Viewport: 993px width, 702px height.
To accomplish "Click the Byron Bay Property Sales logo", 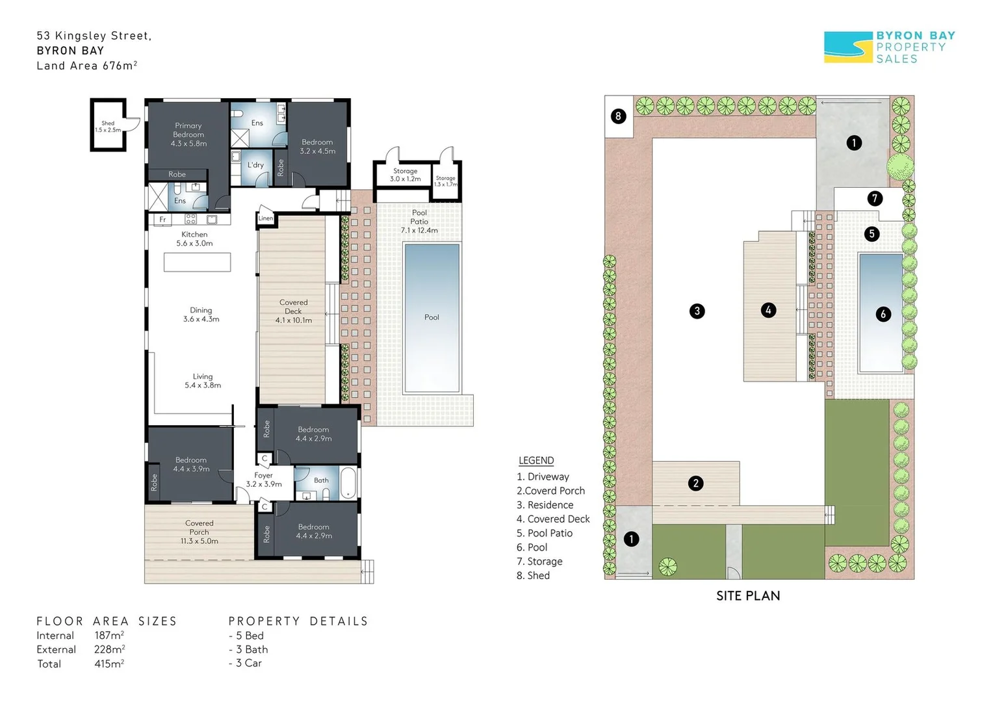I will coord(889,47).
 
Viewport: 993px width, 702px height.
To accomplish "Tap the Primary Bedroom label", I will coord(188,135).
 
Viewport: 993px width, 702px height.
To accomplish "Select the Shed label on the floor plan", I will coord(108,126).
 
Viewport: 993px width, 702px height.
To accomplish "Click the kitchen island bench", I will coord(197,262).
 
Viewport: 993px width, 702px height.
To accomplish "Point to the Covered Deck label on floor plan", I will coord(293,311).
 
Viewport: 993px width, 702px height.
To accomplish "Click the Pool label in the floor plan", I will coord(432,317).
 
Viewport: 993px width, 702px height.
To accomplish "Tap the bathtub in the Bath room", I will coord(350,482).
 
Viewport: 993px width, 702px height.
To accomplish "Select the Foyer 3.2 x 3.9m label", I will coord(263,480).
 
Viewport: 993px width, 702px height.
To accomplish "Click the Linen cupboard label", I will coord(266,218).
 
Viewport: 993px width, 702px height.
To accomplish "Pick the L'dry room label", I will coord(255,165).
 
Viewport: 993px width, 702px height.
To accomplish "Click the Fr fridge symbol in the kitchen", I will coord(162,220).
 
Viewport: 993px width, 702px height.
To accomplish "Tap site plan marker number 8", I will coord(618,116).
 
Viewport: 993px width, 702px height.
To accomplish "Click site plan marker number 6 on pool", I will coord(883,315).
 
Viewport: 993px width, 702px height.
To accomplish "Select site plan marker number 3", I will coord(697,311).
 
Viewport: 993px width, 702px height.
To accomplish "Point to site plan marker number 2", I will coord(695,483).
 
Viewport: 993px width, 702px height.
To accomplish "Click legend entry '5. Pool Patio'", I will coord(544,533).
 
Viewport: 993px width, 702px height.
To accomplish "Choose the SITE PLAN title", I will coord(747,595).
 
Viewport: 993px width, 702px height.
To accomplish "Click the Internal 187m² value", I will coord(109,636).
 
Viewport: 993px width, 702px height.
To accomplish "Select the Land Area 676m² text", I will coord(86,66).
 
